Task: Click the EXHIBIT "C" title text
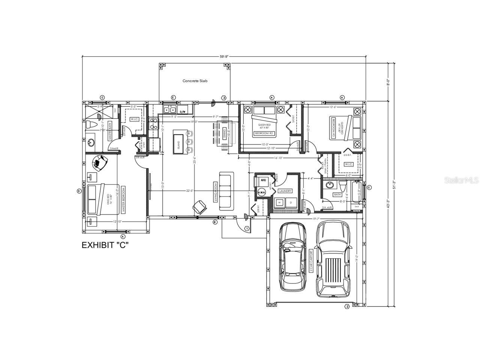click(106, 245)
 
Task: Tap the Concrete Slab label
click(195, 81)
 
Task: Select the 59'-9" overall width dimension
click(224, 57)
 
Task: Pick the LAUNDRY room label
click(285, 191)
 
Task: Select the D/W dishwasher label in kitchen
click(183, 112)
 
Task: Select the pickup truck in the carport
click(333, 259)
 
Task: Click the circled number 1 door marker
click(247, 228)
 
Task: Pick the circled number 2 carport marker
click(347, 306)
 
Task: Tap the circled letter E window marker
click(173, 97)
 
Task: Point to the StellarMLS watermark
click(461, 180)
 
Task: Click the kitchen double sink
click(170, 109)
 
